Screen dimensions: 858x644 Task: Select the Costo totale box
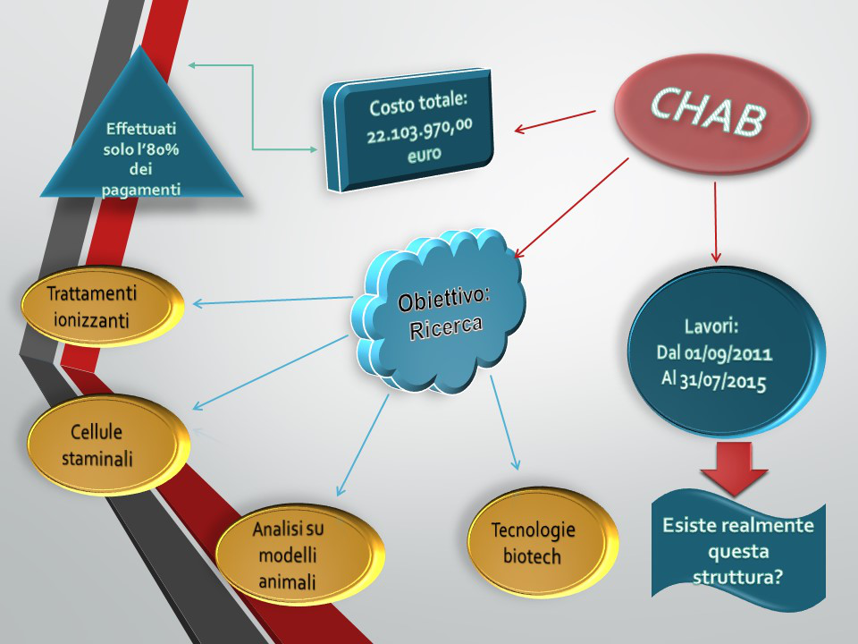tap(408, 129)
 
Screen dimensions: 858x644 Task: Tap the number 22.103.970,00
tap(420, 131)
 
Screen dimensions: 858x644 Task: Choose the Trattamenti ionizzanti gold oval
tap(102, 306)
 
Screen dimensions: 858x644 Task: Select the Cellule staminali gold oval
tap(108, 445)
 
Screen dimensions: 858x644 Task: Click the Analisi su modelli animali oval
tap(300, 555)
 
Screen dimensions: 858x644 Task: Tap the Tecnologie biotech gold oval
tap(543, 542)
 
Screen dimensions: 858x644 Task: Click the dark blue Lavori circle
tap(726, 352)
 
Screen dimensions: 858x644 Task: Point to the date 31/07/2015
tap(722, 381)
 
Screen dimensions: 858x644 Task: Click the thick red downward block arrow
tap(735, 468)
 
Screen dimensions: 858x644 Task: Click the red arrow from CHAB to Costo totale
tap(555, 121)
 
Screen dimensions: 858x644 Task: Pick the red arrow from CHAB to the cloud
tap(571, 208)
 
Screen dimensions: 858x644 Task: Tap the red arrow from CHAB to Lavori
tap(715, 222)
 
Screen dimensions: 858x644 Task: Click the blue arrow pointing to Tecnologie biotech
tap(503, 422)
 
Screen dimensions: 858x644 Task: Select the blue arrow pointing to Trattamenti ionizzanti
tap(273, 301)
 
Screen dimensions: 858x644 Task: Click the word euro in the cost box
tap(424, 154)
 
